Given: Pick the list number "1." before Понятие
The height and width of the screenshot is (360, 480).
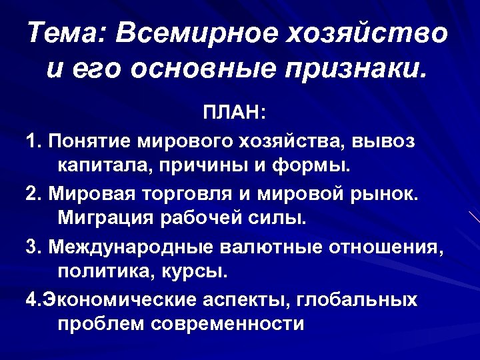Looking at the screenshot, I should (35, 141).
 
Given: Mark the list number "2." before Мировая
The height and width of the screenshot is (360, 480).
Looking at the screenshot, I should (35, 194).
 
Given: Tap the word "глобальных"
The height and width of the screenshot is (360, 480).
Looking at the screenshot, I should (357, 301).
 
